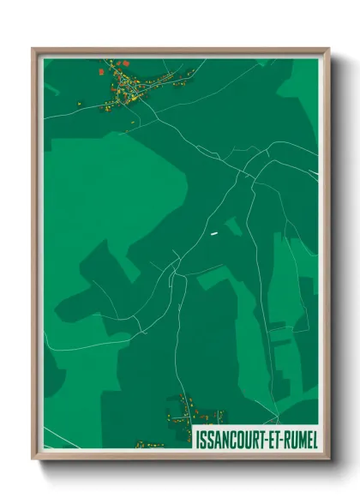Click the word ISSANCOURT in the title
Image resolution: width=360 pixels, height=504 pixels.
pyautogui.click(x=231, y=438)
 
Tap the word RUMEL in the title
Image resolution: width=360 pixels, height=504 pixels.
pyautogui.click(x=298, y=438)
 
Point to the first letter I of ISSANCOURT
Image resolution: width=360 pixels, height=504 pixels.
pyautogui.click(x=198, y=438)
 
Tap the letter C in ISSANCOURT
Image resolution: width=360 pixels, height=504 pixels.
pyautogui.click(x=231, y=438)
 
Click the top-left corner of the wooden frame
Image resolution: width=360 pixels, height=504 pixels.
pyautogui.click(x=33, y=49)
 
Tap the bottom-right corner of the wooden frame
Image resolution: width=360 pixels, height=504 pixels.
pyautogui.click(x=328, y=459)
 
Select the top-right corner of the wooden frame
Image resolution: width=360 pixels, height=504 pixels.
pyautogui.click(x=328, y=49)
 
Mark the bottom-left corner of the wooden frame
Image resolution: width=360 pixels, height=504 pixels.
pyautogui.click(x=33, y=459)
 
